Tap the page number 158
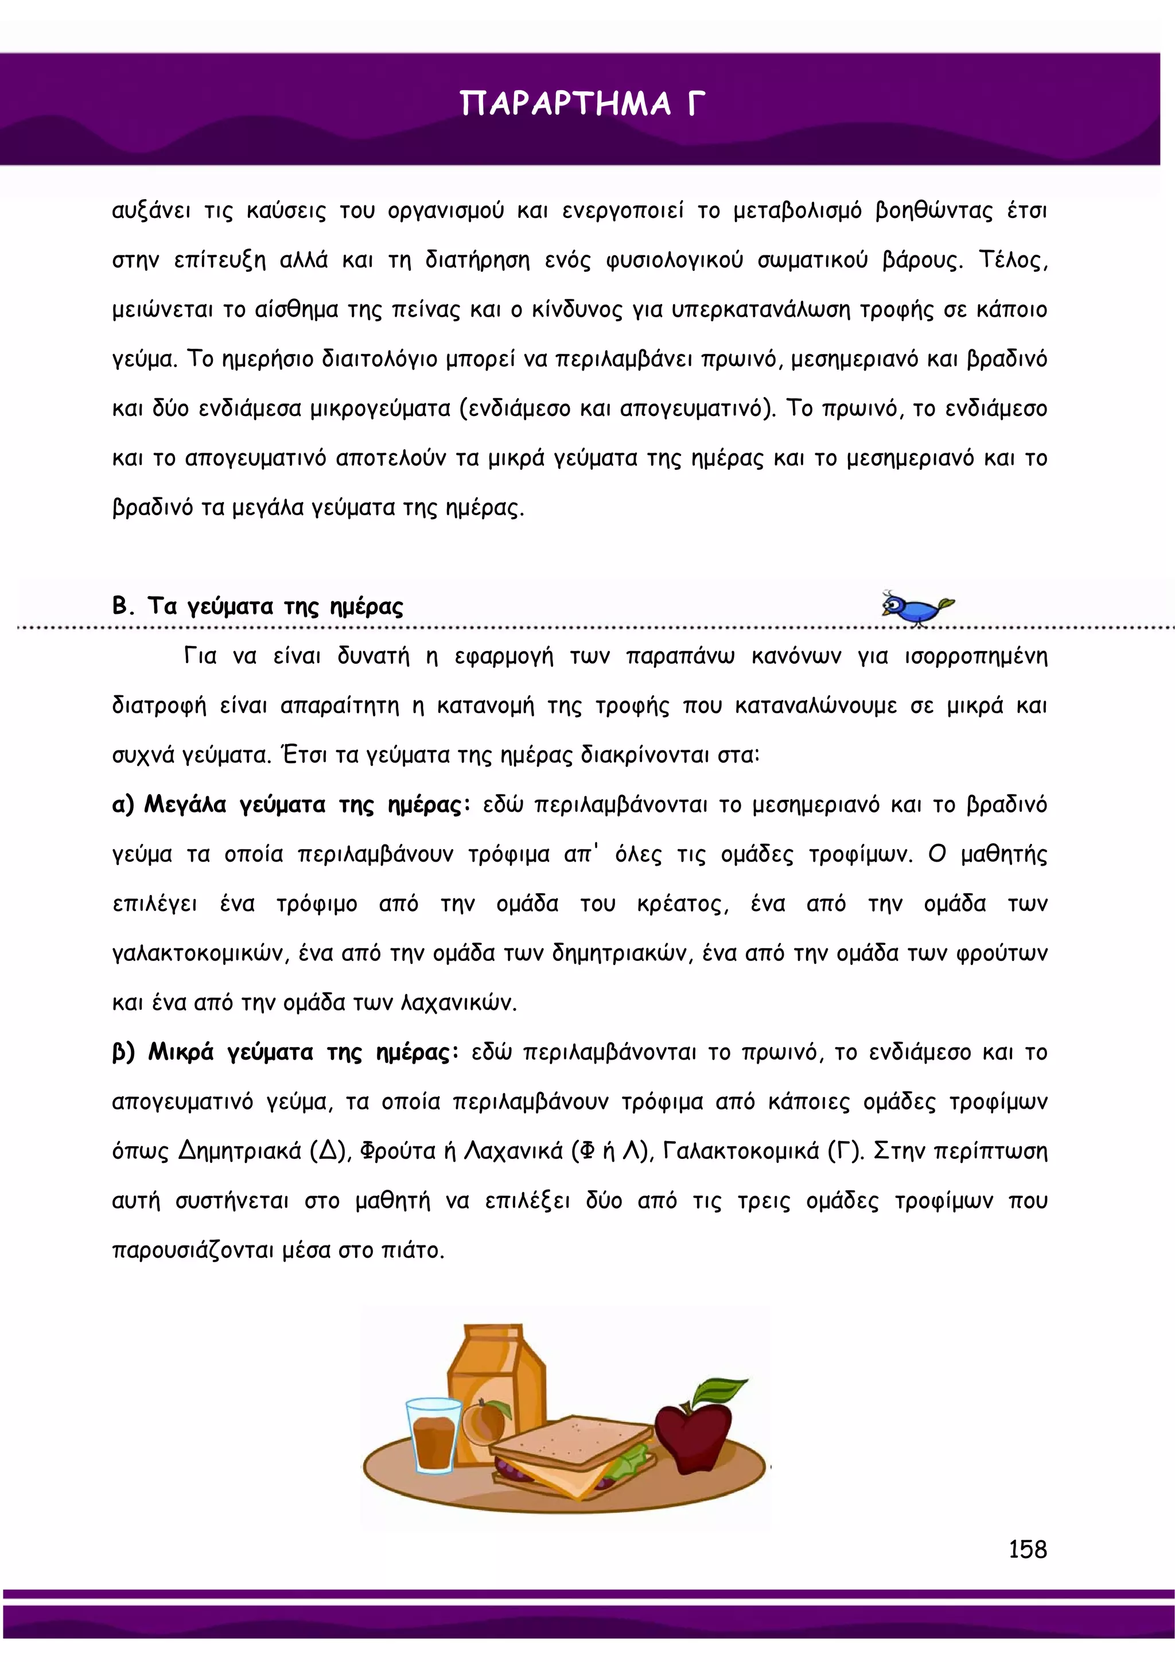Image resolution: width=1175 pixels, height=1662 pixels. (1028, 1549)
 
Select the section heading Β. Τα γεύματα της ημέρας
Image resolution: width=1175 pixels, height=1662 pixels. (257, 605)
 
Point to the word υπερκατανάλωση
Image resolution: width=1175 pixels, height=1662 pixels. (761, 310)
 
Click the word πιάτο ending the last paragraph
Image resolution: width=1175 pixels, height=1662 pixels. (412, 1250)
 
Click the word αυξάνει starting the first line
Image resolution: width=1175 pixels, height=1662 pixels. (151, 211)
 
